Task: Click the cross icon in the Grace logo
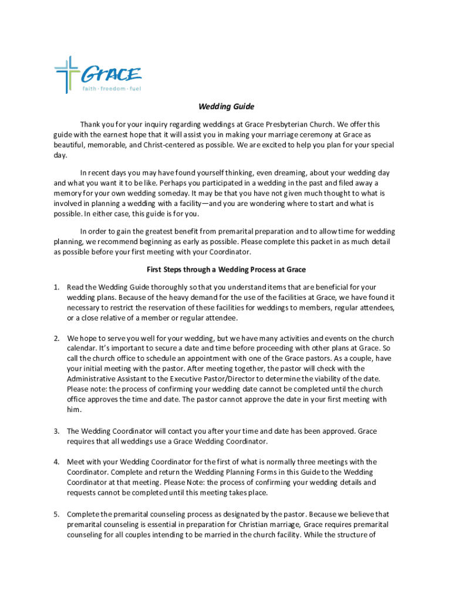pos(67,73)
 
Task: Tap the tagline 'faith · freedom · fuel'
pos(112,89)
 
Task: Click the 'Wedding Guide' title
pos(226,107)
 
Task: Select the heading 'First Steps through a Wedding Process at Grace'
pos(226,269)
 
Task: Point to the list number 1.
pos(56,288)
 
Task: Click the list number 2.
pos(56,339)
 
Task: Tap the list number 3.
pos(56,431)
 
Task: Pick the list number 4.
pos(56,462)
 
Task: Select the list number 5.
pos(56,514)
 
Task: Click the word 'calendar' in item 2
pos(83,349)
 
